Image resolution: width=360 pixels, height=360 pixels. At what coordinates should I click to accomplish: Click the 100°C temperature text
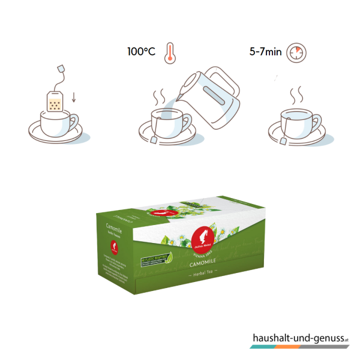141,52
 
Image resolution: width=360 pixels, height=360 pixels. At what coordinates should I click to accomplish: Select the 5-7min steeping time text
265,52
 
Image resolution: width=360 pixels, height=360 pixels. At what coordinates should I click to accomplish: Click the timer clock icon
295,52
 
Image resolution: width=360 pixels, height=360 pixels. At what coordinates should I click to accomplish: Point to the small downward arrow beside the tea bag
74,97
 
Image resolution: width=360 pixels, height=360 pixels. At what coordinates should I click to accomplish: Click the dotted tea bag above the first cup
56,102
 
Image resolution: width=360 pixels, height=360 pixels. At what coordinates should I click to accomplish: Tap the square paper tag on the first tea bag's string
61,66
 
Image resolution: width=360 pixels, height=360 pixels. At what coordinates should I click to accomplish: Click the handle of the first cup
73,124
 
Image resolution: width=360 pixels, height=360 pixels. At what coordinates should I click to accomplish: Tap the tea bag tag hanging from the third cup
282,141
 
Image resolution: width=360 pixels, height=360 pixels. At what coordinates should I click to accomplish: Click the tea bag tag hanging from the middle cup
156,140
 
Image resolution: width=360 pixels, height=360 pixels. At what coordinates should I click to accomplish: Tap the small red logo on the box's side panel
113,245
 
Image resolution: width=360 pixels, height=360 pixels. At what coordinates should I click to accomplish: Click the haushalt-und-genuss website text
298,339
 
